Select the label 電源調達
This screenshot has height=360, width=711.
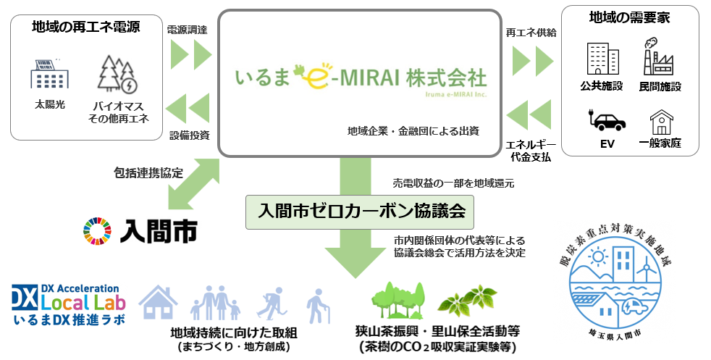(x=187, y=30)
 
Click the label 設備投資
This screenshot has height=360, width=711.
(x=189, y=135)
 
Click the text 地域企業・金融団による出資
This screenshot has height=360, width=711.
(x=413, y=131)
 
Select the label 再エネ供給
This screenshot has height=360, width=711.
(x=531, y=33)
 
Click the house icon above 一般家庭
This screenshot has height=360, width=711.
(x=661, y=120)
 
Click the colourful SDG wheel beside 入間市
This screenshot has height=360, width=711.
(x=98, y=231)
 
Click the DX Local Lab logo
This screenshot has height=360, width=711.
(x=69, y=304)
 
